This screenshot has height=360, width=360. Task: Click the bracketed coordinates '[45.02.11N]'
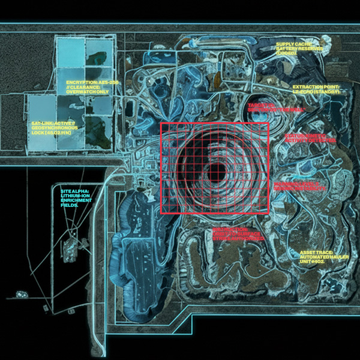coord(50,132)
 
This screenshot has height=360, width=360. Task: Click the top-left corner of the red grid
coord(161,123)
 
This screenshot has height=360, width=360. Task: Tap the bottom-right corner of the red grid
coord(268,214)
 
